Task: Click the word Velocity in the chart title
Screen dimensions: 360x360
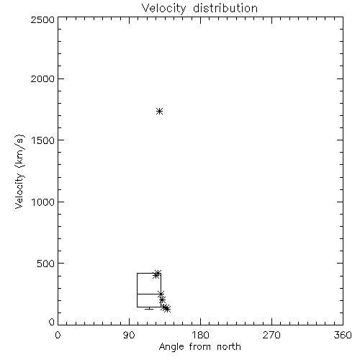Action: [164, 9]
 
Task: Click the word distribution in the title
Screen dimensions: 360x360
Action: [225, 8]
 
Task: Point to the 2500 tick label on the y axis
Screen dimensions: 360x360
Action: [42, 19]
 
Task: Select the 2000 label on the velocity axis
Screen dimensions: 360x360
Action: [42, 78]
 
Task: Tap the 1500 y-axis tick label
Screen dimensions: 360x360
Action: [43, 140]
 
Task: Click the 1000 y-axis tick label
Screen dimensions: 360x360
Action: [43, 202]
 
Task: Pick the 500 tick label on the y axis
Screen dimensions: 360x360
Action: [46, 264]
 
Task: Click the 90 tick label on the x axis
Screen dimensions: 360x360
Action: [129, 335]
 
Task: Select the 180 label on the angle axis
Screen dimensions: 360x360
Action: [200, 335]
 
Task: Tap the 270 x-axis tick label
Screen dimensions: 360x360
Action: [271, 335]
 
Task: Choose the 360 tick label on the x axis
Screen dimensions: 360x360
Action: [343, 335]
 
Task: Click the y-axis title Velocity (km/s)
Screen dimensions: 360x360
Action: [19, 171]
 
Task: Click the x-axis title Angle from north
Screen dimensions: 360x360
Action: [199, 347]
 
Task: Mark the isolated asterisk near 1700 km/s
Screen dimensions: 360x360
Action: [159, 111]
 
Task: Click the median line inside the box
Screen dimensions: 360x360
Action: [149, 294]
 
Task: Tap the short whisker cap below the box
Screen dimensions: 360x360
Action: [149, 309]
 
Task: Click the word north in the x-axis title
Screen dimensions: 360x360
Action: [229, 346]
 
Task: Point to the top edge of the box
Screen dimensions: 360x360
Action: [149, 273]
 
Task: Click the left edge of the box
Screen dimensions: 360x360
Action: [138, 290]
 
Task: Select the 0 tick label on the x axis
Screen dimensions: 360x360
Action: [58, 335]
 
